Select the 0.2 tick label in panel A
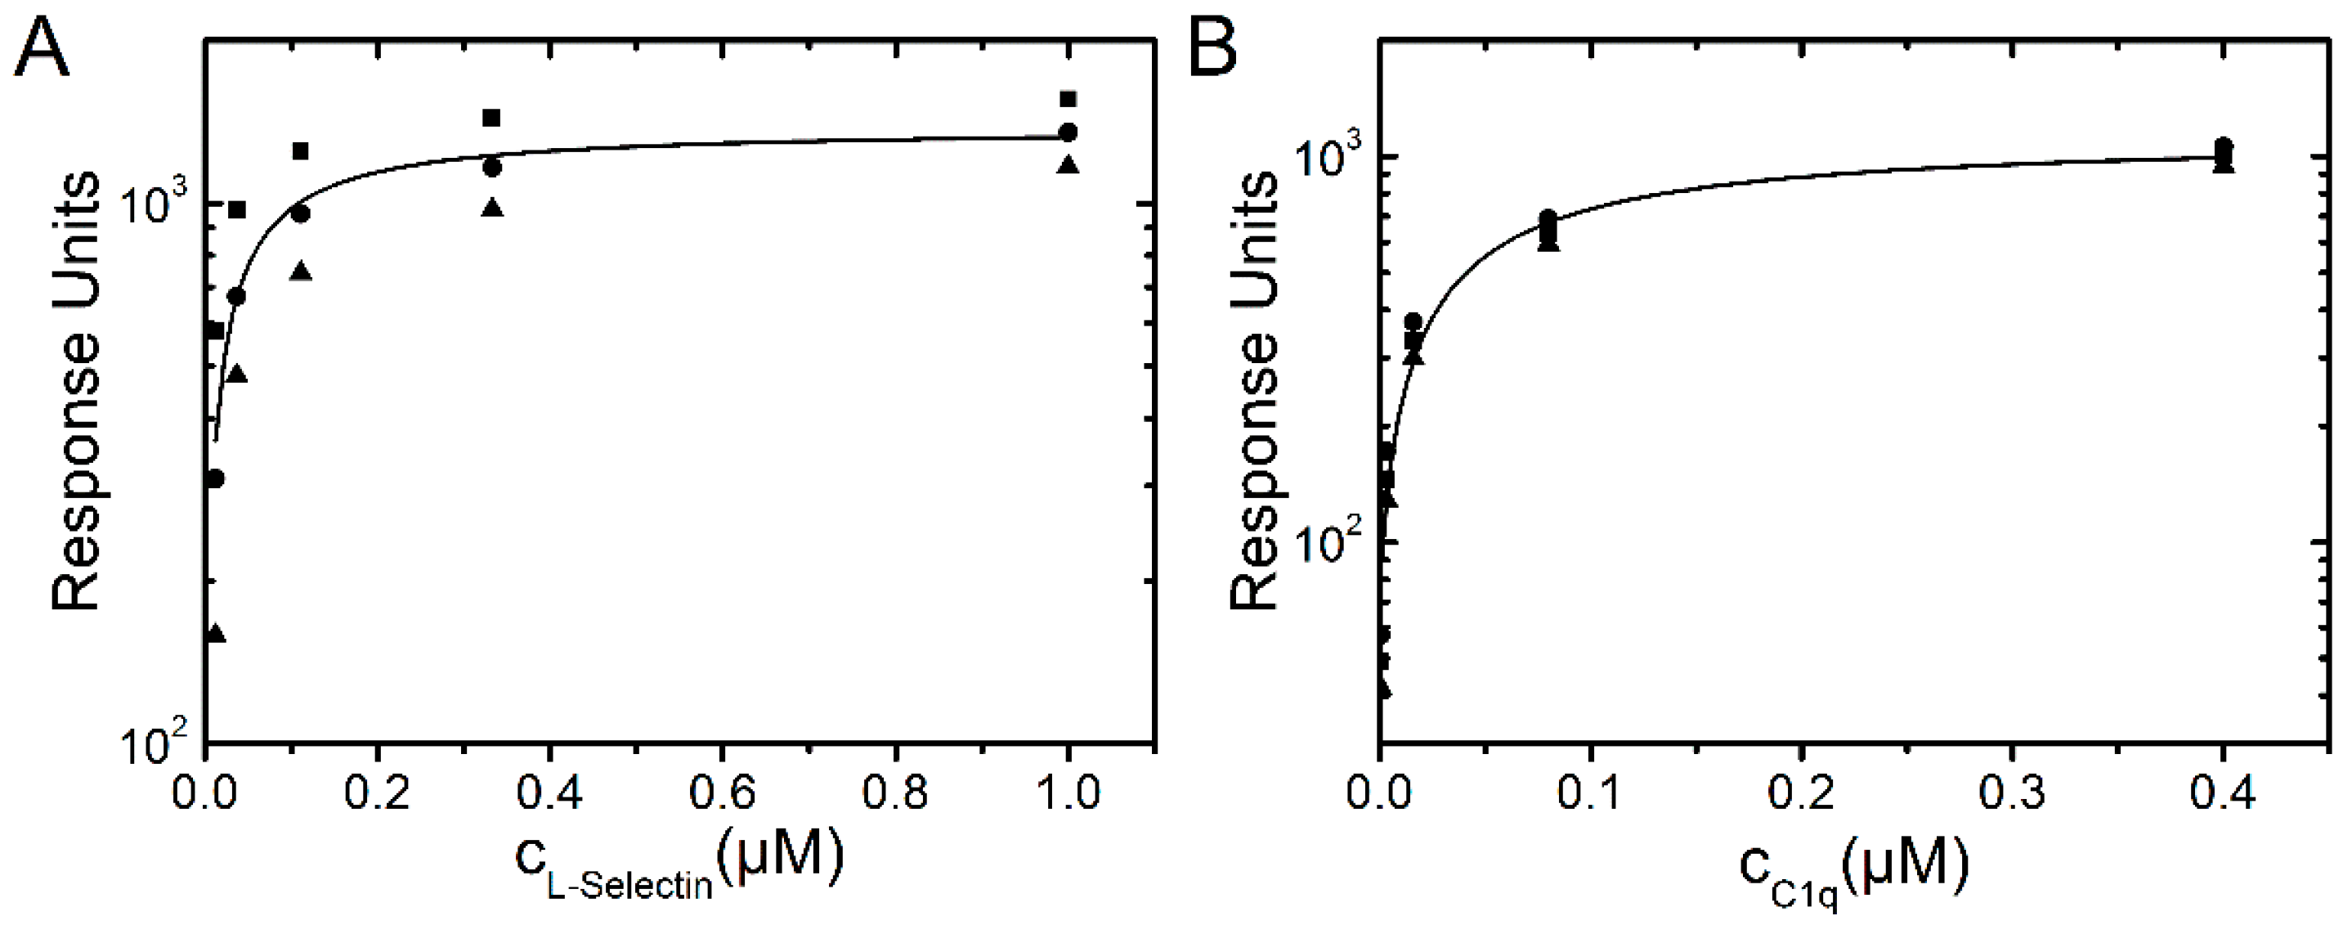[378, 793]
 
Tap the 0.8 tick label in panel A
[896, 793]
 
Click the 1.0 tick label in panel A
[1068, 793]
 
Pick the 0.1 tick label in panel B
[1591, 793]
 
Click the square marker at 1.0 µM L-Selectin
[1068, 99]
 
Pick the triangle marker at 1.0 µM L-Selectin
[1068, 165]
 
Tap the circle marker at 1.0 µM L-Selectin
[1068, 132]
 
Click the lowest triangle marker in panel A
[216, 633]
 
